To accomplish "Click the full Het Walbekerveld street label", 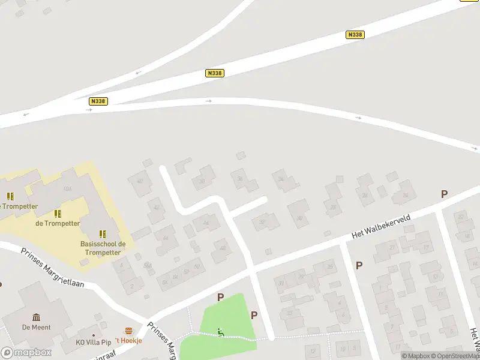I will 381,226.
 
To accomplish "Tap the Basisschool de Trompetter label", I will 103,248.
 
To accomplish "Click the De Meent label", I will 37,327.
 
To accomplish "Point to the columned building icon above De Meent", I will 37,317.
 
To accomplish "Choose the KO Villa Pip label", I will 94,342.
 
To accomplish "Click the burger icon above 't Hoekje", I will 128,331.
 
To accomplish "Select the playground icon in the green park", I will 221,332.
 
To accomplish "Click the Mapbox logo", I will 26,353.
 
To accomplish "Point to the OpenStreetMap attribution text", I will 456,356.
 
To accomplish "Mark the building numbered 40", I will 140,181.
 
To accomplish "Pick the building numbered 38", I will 202,181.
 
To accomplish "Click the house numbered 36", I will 241,178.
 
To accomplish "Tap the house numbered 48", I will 223,248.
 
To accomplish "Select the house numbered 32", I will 262,222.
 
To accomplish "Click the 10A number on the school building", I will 67,189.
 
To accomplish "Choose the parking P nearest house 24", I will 444,194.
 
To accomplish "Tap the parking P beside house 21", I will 359,265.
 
